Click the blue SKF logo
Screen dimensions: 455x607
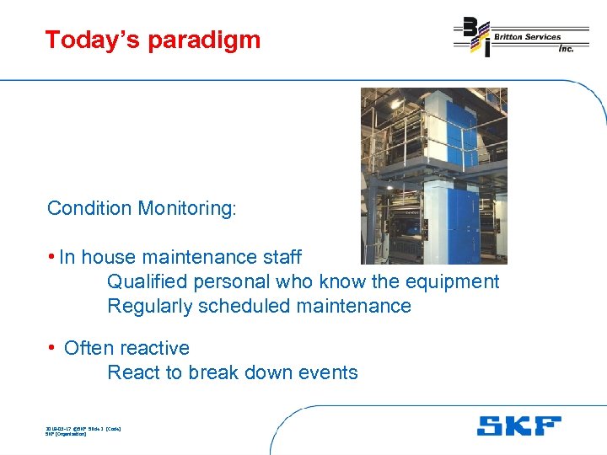click(518, 426)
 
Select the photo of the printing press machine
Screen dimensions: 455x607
click(434, 176)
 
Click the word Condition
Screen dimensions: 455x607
click(89, 208)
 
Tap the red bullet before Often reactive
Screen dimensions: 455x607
click(52, 348)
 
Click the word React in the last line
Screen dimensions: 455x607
click(132, 372)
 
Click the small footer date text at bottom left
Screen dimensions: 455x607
click(83, 429)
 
